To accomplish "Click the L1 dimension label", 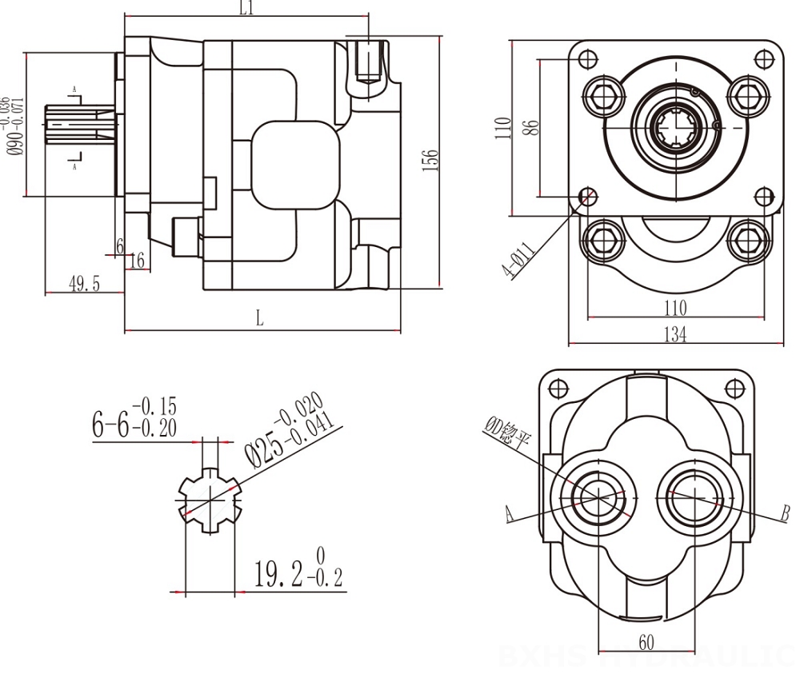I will click(246, 9).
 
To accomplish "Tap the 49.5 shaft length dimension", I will click(84, 284).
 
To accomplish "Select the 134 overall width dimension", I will click(675, 335).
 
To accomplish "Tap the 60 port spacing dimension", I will click(646, 641).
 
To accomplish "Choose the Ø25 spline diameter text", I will click(284, 428).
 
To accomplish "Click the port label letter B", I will click(786, 512).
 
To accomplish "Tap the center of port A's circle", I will click(598, 497).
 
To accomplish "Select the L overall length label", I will click(259, 318).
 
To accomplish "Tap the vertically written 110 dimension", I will click(503, 128).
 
